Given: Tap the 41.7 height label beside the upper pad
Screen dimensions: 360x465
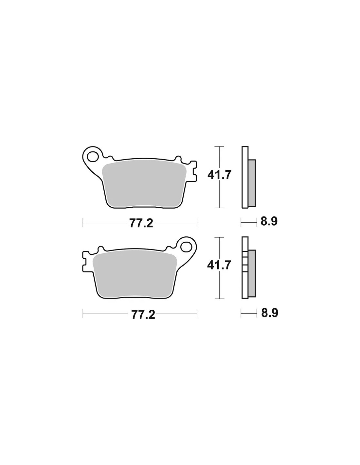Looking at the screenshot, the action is pos(219,175).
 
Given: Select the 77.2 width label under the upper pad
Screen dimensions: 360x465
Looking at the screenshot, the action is pos(141,223).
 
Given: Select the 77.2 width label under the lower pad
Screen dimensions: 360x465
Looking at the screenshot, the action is pos(143,315).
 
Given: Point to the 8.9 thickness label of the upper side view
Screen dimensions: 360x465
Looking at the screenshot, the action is pos(269,221).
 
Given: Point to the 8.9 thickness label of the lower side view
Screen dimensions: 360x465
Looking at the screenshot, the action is pos(269,313).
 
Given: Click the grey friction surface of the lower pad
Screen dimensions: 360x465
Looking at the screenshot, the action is pos(135,275).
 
